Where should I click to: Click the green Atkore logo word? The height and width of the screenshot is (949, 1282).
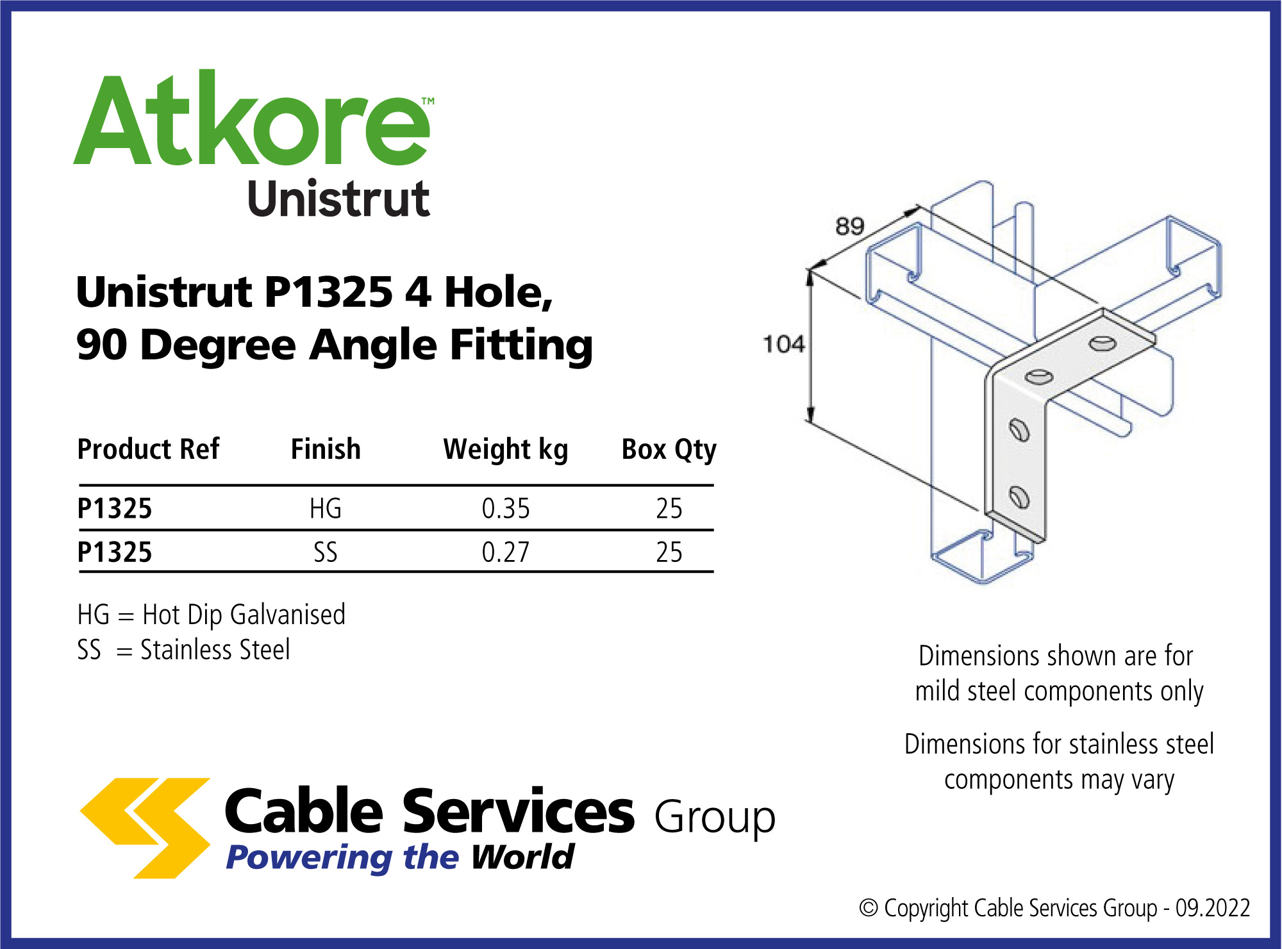(x=253, y=119)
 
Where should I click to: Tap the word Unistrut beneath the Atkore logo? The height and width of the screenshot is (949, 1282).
(x=338, y=199)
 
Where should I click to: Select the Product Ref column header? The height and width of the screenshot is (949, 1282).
(x=148, y=449)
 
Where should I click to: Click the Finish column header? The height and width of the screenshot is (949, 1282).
(x=326, y=449)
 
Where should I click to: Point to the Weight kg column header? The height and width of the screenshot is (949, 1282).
(x=506, y=450)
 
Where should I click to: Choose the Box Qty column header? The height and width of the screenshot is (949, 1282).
(x=669, y=450)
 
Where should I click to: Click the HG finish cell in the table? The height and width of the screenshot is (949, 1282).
(x=326, y=509)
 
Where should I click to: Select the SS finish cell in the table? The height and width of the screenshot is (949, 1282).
(x=326, y=552)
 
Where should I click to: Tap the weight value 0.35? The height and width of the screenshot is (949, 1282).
(x=506, y=509)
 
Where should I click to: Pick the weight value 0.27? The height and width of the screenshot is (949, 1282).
(x=506, y=552)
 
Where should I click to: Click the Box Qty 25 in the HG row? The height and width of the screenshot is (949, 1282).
(x=669, y=509)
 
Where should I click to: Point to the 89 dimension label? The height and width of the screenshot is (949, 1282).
(x=850, y=226)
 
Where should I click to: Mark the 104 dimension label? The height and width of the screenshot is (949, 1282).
(x=783, y=344)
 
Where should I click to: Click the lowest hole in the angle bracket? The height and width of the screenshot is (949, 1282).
(x=1019, y=497)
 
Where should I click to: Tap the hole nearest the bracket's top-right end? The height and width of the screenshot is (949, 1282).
(x=1103, y=344)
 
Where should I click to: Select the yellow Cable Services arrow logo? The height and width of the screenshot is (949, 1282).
(x=146, y=828)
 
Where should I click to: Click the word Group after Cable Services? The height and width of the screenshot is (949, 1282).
(x=715, y=818)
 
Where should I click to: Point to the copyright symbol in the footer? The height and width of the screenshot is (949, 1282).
(x=869, y=908)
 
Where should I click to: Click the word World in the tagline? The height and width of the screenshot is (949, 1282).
(x=522, y=857)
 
